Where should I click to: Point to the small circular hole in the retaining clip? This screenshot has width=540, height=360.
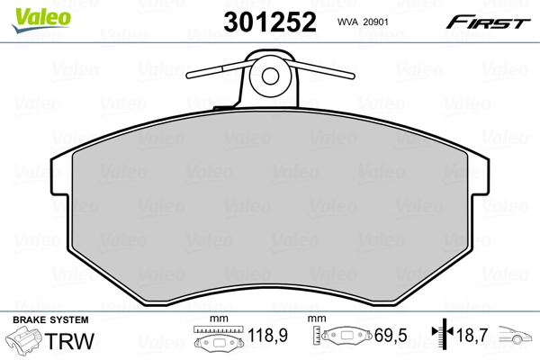click(269, 75)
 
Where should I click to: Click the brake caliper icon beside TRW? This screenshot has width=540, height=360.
click(24, 342)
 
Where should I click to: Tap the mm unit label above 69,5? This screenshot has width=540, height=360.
click(316, 319)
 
